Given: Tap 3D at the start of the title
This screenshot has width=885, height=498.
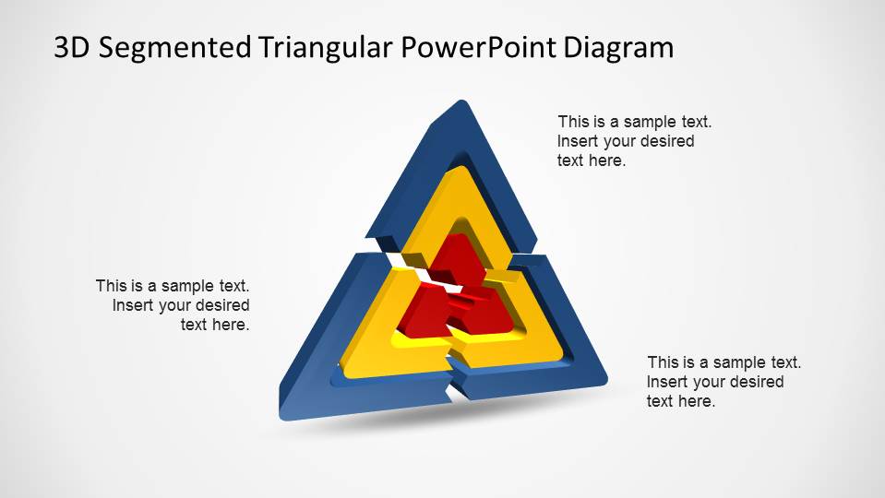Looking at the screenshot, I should [73, 48].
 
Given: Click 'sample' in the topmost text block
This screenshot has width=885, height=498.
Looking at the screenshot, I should [652, 121].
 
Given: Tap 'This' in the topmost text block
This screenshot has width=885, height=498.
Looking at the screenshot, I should [573, 121].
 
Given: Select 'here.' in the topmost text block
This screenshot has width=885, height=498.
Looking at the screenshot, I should [606, 160].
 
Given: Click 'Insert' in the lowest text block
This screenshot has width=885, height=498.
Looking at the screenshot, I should [667, 382].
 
